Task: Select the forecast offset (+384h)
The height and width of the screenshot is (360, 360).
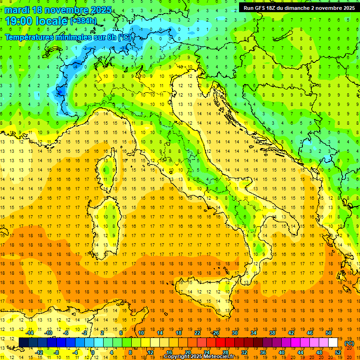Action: pyautogui.click(x=84, y=21)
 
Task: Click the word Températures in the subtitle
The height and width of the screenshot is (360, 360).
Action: pyautogui.click(x=30, y=37)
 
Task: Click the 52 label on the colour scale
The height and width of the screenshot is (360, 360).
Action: pyautogui.click(x=338, y=352)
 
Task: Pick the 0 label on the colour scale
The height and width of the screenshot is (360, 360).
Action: pyautogui.click(x=93, y=352)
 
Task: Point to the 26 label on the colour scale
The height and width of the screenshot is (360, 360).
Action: pyautogui.click(x=216, y=333)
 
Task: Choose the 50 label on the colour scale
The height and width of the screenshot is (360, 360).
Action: pyautogui.click(x=329, y=333)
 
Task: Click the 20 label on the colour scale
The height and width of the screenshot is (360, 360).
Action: pyautogui.click(x=187, y=352)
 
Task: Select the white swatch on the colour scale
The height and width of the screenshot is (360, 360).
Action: pyautogui.click(x=333, y=342)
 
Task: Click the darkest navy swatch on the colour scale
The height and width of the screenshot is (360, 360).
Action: pyautogui.click(x=23, y=342)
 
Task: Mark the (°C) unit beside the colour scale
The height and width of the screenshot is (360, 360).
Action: pyautogui.click(x=349, y=343)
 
